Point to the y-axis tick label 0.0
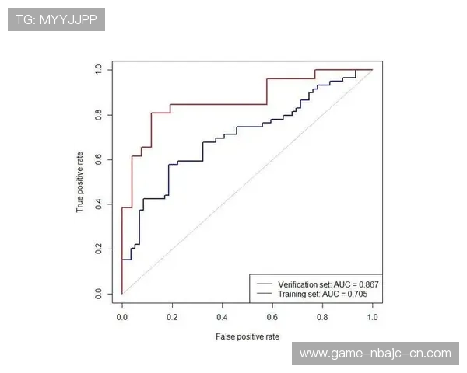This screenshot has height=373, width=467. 99,294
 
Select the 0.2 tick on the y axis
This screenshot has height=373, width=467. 99,249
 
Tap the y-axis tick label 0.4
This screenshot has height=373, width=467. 99,204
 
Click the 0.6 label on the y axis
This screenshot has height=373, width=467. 99,159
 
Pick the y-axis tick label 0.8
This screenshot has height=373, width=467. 99,115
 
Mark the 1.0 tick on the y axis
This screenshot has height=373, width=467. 99,70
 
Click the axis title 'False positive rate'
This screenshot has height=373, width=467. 248,336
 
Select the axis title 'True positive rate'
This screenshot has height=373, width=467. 79,182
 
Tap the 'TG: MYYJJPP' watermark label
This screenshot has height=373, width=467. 56,19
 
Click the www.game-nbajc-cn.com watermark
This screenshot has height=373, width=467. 375,354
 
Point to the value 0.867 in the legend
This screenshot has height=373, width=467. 368,284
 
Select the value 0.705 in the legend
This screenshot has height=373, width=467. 359,295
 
